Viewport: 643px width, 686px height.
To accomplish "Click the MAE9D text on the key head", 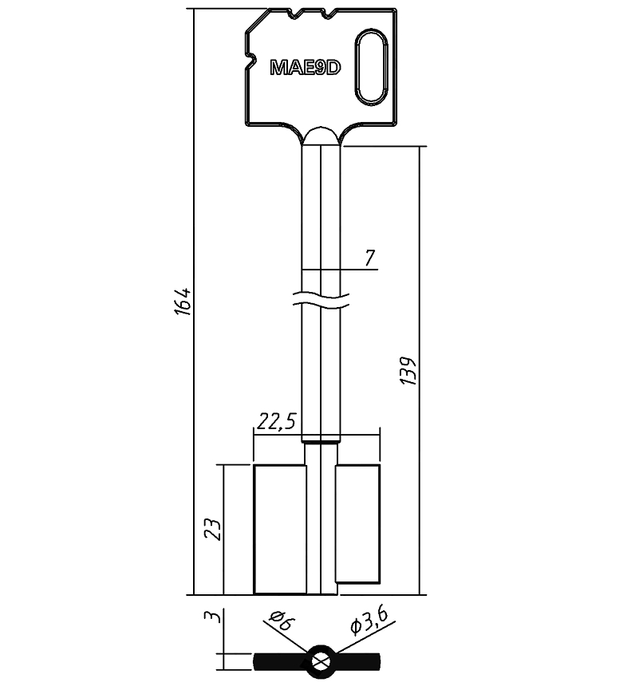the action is (306, 67).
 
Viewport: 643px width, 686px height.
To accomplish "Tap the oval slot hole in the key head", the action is (372, 67).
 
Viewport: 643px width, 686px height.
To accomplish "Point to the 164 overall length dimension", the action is (183, 302).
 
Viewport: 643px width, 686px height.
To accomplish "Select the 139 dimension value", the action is (408, 371).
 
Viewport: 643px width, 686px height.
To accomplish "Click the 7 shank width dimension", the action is (370, 258).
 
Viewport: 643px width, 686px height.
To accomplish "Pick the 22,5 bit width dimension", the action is (277, 421).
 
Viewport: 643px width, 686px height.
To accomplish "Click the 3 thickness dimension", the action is (212, 617).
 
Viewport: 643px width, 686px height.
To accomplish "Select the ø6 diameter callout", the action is (282, 620).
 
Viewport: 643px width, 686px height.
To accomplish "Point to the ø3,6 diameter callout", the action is (369, 621).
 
